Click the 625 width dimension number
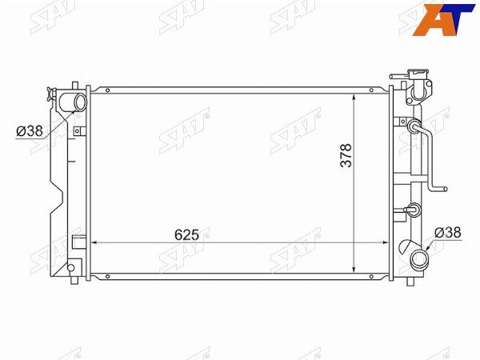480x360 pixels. pyautogui.click(x=186, y=234)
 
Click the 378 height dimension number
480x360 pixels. pyautogui.click(x=346, y=155)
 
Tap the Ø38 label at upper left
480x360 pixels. pyautogui.click(x=30, y=131)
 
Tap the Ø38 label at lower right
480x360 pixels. pyautogui.click(x=447, y=233)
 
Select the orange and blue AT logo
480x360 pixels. pyautogui.click(x=443, y=19)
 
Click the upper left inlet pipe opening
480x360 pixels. pyautogui.click(x=81, y=103)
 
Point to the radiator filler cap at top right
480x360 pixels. pyautogui.click(x=418, y=86)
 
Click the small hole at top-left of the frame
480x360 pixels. pyautogui.click(x=107, y=90)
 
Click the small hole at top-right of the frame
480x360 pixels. pyautogui.click(x=371, y=90)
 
